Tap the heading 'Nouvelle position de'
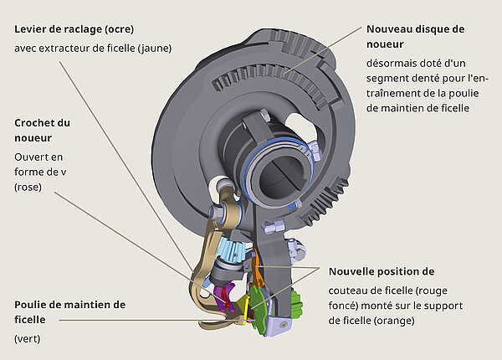381,271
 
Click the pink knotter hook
224,296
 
